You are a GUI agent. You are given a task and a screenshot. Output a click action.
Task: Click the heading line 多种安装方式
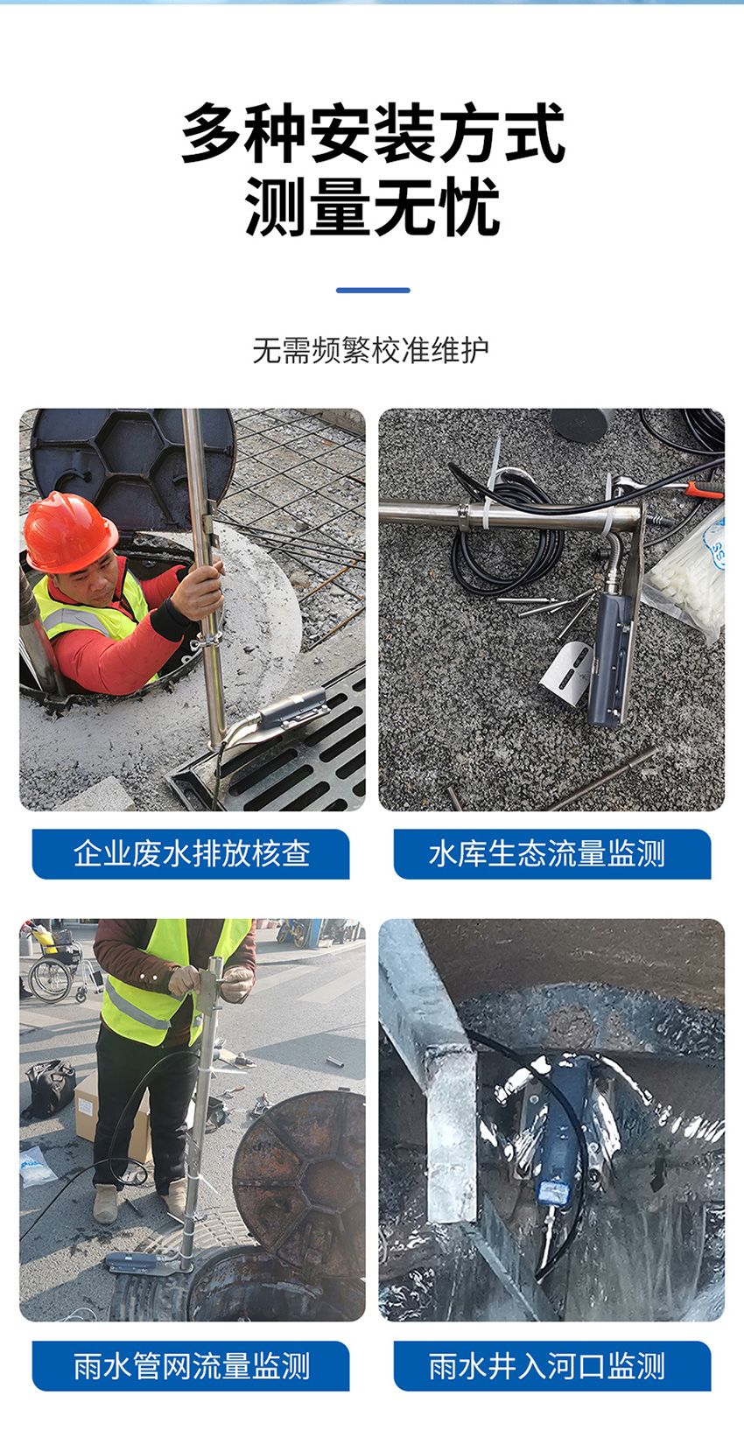373,133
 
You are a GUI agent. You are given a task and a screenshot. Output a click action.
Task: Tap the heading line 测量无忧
372,207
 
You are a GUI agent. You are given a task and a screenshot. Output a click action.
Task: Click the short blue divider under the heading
373,291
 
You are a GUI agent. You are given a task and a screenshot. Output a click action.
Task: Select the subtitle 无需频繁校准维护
371,350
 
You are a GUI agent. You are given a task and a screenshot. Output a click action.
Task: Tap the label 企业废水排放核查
191,853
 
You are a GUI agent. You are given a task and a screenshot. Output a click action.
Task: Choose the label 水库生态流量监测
547,853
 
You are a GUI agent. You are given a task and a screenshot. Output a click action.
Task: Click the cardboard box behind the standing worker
109,1111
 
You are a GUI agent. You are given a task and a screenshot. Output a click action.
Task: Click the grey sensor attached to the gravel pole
609,656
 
